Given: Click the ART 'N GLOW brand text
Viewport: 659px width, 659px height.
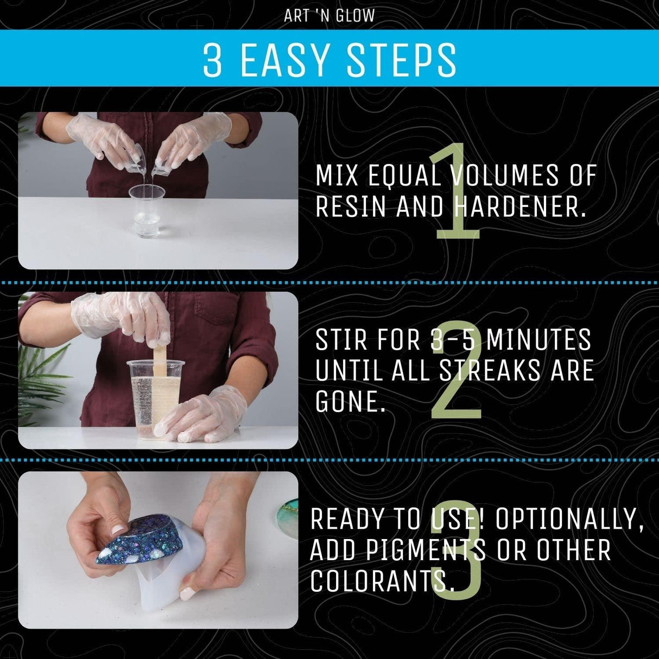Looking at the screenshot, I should pos(329,16).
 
